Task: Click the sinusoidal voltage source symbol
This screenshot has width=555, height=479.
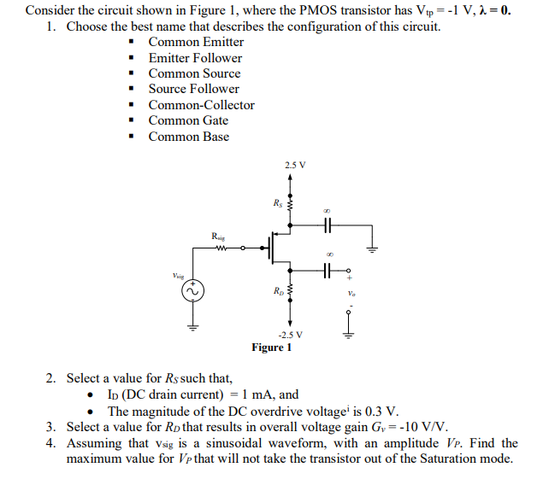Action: pos(193,290)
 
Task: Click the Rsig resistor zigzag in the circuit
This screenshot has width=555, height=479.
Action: pos(220,249)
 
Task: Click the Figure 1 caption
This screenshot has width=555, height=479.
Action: pos(272,348)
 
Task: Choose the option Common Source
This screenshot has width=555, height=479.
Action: pos(194,73)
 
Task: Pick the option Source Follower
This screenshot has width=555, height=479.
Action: pos(194,89)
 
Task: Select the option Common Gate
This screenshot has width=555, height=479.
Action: pos(188,120)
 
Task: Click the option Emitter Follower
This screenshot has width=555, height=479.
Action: pos(195,58)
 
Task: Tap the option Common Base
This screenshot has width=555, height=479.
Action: pos(188,136)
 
